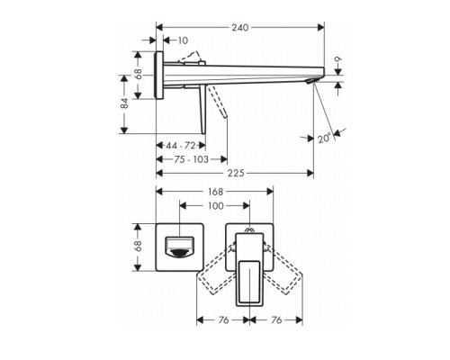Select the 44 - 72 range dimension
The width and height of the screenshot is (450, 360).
pos(182,146)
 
